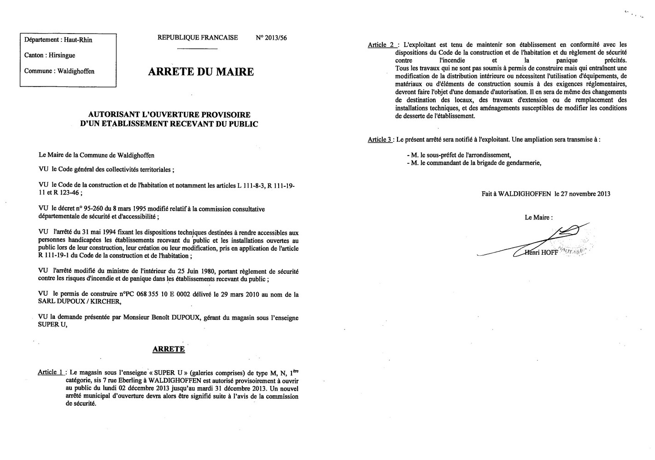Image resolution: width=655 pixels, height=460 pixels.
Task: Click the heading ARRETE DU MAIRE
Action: click(201, 72)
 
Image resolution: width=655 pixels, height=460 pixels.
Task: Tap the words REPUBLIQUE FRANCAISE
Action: click(198, 38)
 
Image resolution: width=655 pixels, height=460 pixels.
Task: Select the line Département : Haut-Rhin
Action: click(58, 40)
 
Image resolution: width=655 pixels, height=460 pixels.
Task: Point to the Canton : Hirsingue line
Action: click(50, 55)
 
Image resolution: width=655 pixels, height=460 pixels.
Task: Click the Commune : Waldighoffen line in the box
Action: click(59, 71)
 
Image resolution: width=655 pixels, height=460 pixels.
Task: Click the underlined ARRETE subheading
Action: click(169, 349)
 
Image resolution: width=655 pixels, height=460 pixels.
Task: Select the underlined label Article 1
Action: click(51, 372)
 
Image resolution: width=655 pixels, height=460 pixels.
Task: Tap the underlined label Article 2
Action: click(381, 45)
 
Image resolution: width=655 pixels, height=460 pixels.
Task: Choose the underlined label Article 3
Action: click(380, 139)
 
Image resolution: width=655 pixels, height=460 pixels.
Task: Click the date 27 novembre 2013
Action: click(585, 194)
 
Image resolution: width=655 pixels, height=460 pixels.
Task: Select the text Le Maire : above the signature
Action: click(538, 218)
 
